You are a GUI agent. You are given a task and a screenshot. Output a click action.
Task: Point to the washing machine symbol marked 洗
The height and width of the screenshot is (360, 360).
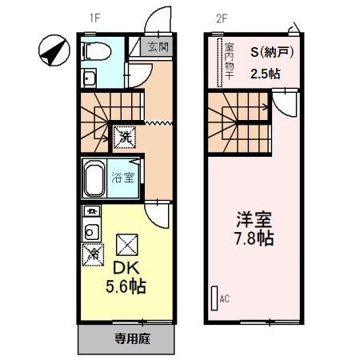(125, 138)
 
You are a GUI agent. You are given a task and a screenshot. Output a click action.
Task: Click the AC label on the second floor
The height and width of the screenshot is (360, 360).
(225, 299)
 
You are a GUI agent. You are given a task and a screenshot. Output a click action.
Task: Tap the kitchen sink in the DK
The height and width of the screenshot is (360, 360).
(90, 233)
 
